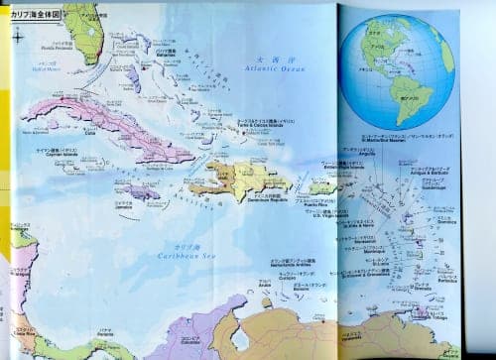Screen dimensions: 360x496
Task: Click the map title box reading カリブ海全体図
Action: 36,16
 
